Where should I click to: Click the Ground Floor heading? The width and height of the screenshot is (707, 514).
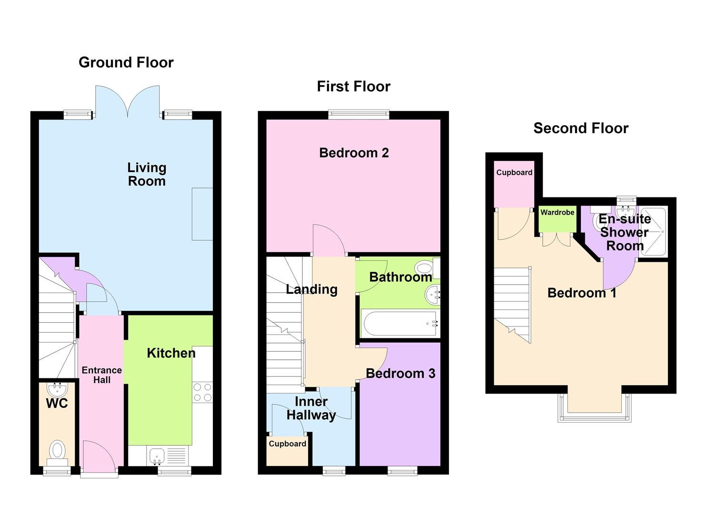pos(126,62)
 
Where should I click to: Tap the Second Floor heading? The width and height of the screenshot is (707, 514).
pos(581,128)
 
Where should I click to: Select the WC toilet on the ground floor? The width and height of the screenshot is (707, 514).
pos(57,453)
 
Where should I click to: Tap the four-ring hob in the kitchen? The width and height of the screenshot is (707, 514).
pos(202,392)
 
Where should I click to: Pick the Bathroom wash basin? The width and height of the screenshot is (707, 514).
pos(432,295)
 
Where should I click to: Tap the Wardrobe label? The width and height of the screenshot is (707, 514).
pos(557,212)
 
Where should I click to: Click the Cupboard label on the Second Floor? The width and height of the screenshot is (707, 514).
pos(514,173)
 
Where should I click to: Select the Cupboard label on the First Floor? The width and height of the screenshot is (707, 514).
pos(287,444)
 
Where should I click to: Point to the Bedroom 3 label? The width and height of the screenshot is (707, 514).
pos(400,374)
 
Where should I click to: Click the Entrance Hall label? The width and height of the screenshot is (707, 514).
pos(101,375)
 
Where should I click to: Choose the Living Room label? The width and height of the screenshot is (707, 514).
pos(147,175)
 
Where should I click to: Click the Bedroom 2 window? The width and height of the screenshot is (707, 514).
pos(358,114)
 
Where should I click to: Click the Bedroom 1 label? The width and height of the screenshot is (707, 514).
pos(582,293)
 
